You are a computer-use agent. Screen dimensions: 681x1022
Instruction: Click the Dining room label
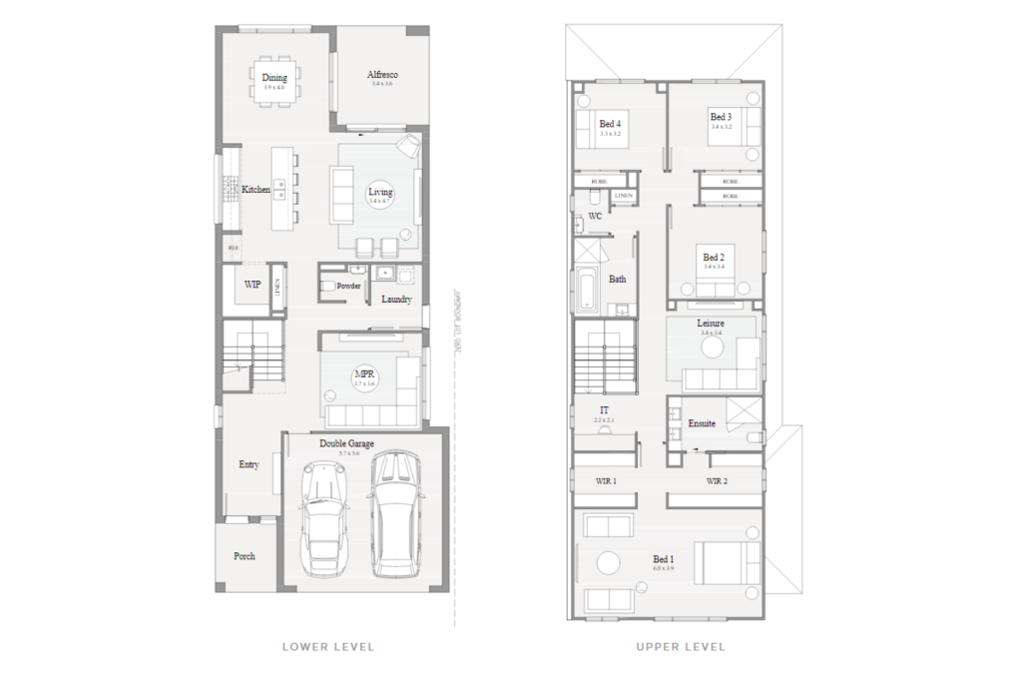[x=274, y=78]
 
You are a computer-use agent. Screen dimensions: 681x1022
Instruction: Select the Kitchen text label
[x=256, y=190]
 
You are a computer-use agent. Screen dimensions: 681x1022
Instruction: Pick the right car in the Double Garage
[x=393, y=513]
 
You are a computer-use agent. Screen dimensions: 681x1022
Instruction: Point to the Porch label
[x=244, y=556]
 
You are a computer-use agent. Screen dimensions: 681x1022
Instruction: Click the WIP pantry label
[x=253, y=285]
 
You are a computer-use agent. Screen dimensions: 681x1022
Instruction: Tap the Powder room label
[x=348, y=286]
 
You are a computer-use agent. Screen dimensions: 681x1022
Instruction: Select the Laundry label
[x=396, y=299]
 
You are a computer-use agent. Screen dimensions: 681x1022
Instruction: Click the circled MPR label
[x=364, y=376]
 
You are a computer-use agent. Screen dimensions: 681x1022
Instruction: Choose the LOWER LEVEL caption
[x=328, y=647]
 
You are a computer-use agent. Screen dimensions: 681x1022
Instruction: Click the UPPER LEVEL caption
[x=681, y=647]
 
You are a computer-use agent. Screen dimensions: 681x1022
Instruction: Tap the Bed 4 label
[x=609, y=124]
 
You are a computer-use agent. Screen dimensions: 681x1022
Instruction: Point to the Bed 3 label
[x=721, y=117]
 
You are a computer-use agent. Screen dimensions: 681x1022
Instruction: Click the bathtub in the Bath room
[x=586, y=289]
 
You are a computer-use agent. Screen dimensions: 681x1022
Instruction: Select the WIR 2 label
[x=717, y=481]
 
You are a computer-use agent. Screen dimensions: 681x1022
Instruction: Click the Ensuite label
[x=701, y=423]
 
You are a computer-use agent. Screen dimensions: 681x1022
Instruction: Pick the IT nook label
[x=604, y=410]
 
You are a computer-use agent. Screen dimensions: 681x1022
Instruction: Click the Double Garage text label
[x=346, y=443]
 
